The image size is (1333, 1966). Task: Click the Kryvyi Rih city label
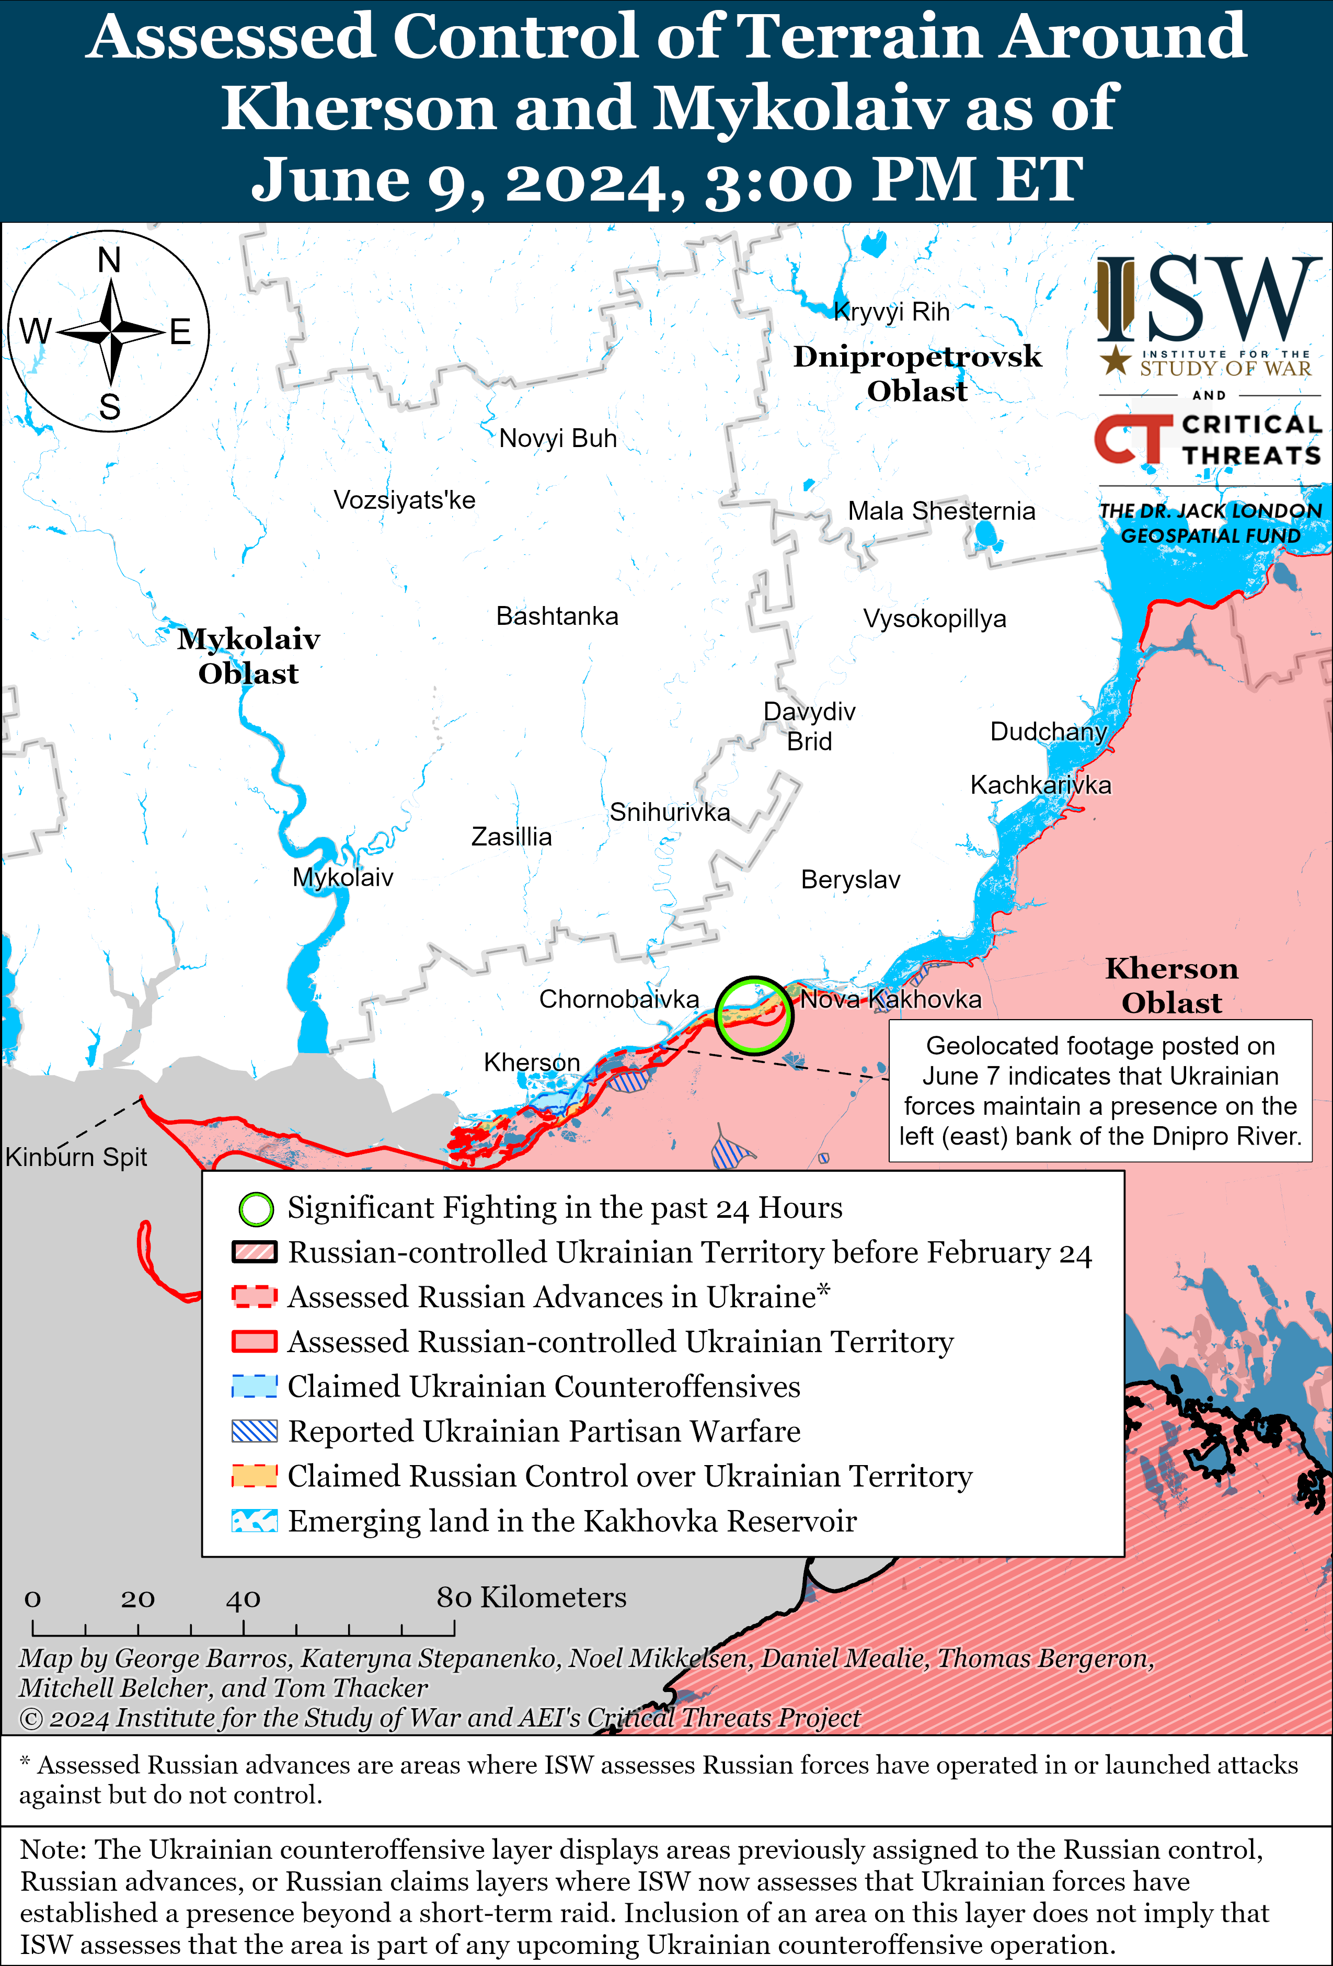pos(891,312)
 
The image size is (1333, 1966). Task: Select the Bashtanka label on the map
pos(557,616)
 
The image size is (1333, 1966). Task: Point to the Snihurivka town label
pos(669,812)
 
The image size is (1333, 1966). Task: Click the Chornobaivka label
pos(618,999)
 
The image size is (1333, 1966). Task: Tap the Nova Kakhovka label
pos(891,999)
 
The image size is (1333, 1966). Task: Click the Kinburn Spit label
pos(76,1157)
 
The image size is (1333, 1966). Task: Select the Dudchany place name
pos(1048,731)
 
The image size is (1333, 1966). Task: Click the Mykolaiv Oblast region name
pos(249,656)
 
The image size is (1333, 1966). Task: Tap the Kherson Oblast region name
pos(1171,986)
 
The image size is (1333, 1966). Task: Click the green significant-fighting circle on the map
pos(754,1014)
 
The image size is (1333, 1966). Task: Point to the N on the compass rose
pos(109,260)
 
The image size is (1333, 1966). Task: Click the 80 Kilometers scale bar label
pos(531,1598)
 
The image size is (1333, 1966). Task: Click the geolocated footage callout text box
pos(1099,1090)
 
